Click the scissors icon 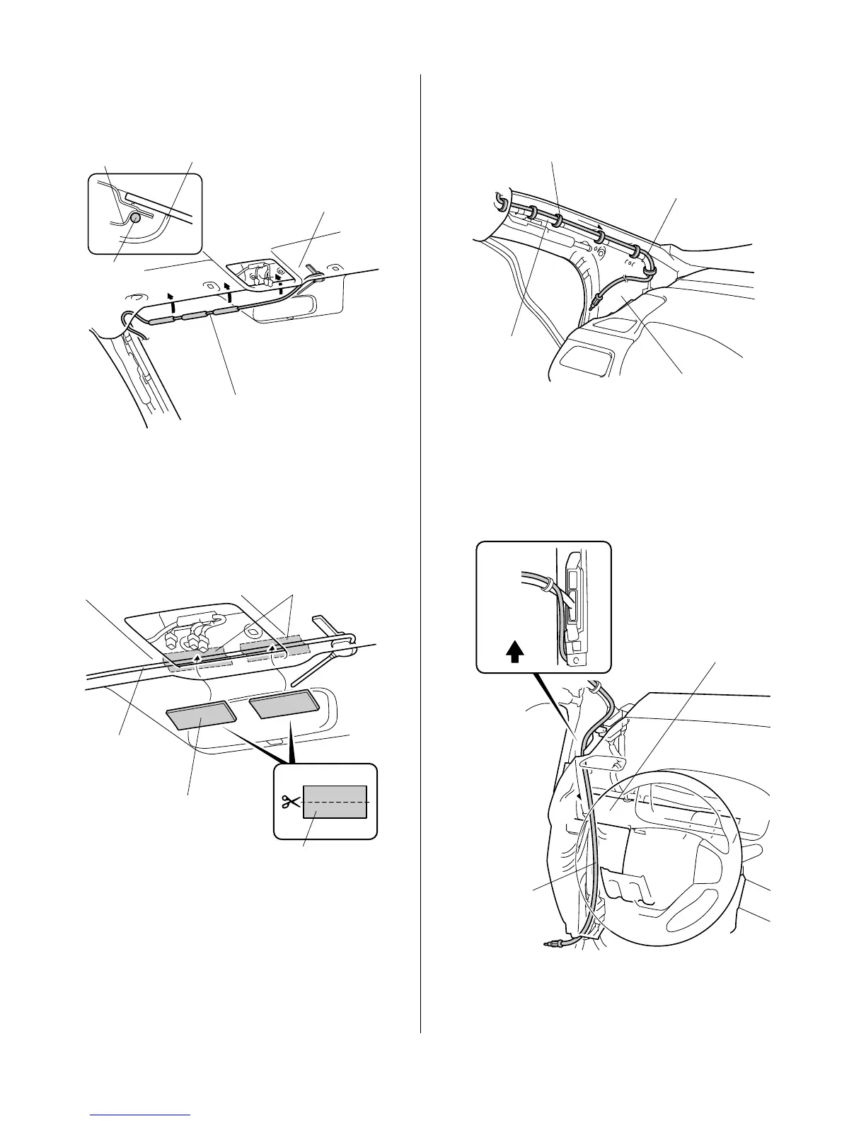pos(290,802)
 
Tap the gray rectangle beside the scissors pos(335,801)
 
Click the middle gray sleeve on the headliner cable pos(195,316)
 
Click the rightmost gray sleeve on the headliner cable pos(224,310)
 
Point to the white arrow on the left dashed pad pos(196,660)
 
